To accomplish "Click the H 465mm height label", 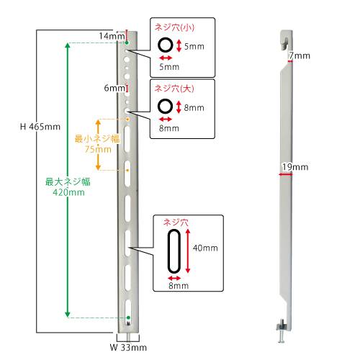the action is pyautogui.click(x=40, y=127).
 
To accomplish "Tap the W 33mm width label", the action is pyautogui.click(x=128, y=347).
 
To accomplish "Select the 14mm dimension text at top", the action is pyautogui.click(x=112, y=36).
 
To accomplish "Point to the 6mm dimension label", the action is pyautogui.click(x=114, y=88).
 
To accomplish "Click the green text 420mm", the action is pyautogui.click(x=68, y=192).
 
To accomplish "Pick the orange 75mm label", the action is pyautogui.click(x=98, y=149).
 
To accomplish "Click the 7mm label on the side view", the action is pyautogui.click(x=300, y=55).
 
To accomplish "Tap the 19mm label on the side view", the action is pyautogui.click(x=295, y=167).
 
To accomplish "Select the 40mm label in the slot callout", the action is pyautogui.click(x=205, y=248).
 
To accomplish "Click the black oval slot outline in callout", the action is pyautogui.click(x=168, y=251).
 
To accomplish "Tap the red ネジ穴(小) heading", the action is pyautogui.click(x=174, y=27).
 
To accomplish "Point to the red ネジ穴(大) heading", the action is pyautogui.click(x=174, y=89).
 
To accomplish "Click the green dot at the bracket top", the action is pyautogui.click(x=127, y=43).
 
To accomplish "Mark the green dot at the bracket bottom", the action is pyautogui.click(x=128, y=318).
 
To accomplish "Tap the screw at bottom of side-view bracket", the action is pyautogui.click(x=282, y=330).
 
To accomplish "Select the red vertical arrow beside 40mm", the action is pyautogui.click(x=188, y=251).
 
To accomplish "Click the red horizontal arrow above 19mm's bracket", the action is pyautogui.click(x=286, y=174).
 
